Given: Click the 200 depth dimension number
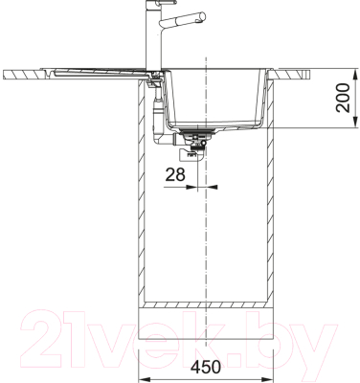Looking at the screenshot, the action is tap(343, 98).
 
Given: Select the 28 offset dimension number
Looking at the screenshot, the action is tap(175, 174).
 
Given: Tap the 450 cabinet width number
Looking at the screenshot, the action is tap(206, 367).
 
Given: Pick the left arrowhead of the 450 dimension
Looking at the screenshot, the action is tap(143, 377).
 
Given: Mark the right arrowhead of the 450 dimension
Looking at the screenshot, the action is tap(268, 377).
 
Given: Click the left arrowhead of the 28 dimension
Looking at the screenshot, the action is tap(192, 187).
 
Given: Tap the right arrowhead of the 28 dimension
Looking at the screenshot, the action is tap(212, 187).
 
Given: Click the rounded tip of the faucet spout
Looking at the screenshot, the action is tap(203, 16).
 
